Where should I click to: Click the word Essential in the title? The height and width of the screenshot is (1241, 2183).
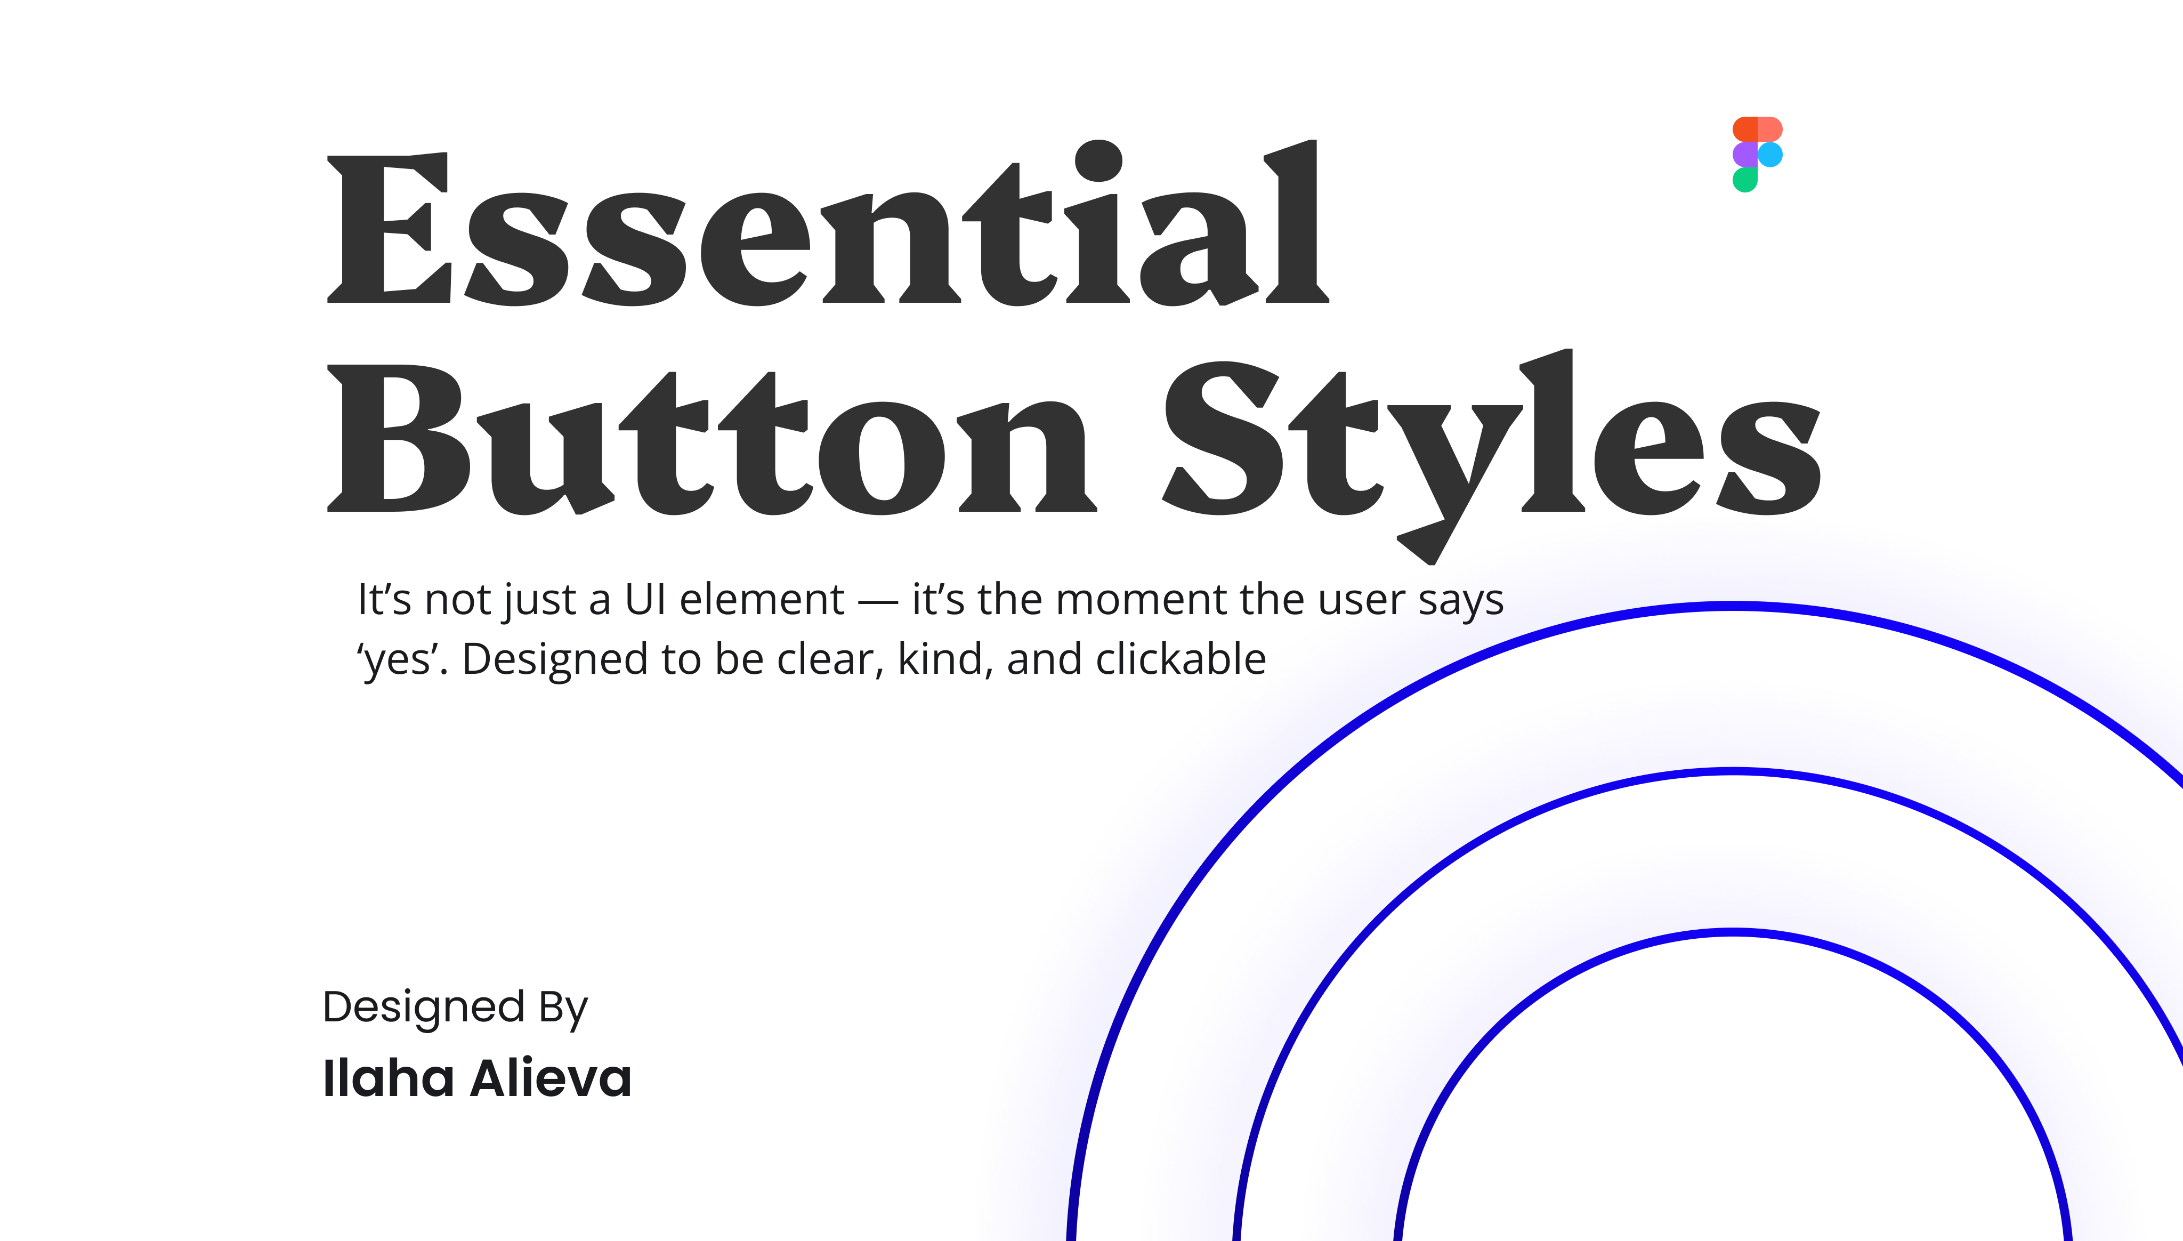pos(827,226)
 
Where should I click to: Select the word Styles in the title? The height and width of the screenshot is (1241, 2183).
pos(1491,443)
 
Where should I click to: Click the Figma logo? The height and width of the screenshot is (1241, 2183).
pos(1757,154)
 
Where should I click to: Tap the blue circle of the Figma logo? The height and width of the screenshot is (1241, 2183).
pos(1770,154)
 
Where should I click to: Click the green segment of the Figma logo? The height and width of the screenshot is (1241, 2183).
pos(1745,180)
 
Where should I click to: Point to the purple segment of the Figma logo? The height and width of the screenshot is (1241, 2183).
pos(1745,154)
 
